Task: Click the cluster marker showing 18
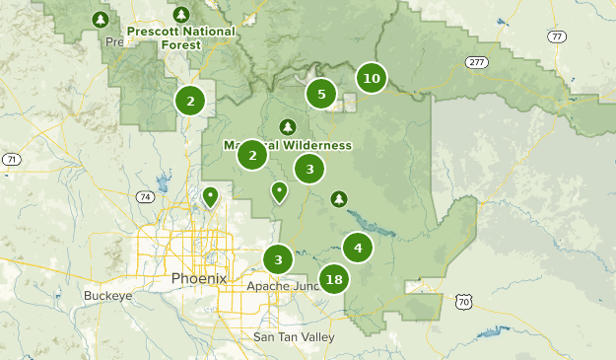(x=334, y=279)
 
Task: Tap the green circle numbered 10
(x=371, y=79)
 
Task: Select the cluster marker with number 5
(x=320, y=95)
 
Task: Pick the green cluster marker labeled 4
(x=358, y=248)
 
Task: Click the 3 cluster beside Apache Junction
(x=279, y=260)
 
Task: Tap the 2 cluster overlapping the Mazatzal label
(x=252, y=155)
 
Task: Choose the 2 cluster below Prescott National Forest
(x=190, y=100)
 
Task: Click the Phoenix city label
(x=198, y=278)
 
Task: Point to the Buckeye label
(x=107, y=295)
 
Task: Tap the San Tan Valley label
(x=294, y=337)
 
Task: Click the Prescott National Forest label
(x=180, y=36)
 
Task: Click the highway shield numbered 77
(x=558, y=36)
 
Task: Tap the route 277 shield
(x=479, y=62)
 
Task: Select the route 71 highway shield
(x=11, y=159)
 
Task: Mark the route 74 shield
(x=146, y=197)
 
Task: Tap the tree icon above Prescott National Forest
(x=180, y=14)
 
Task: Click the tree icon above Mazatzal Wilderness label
(x=288, y=126)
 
